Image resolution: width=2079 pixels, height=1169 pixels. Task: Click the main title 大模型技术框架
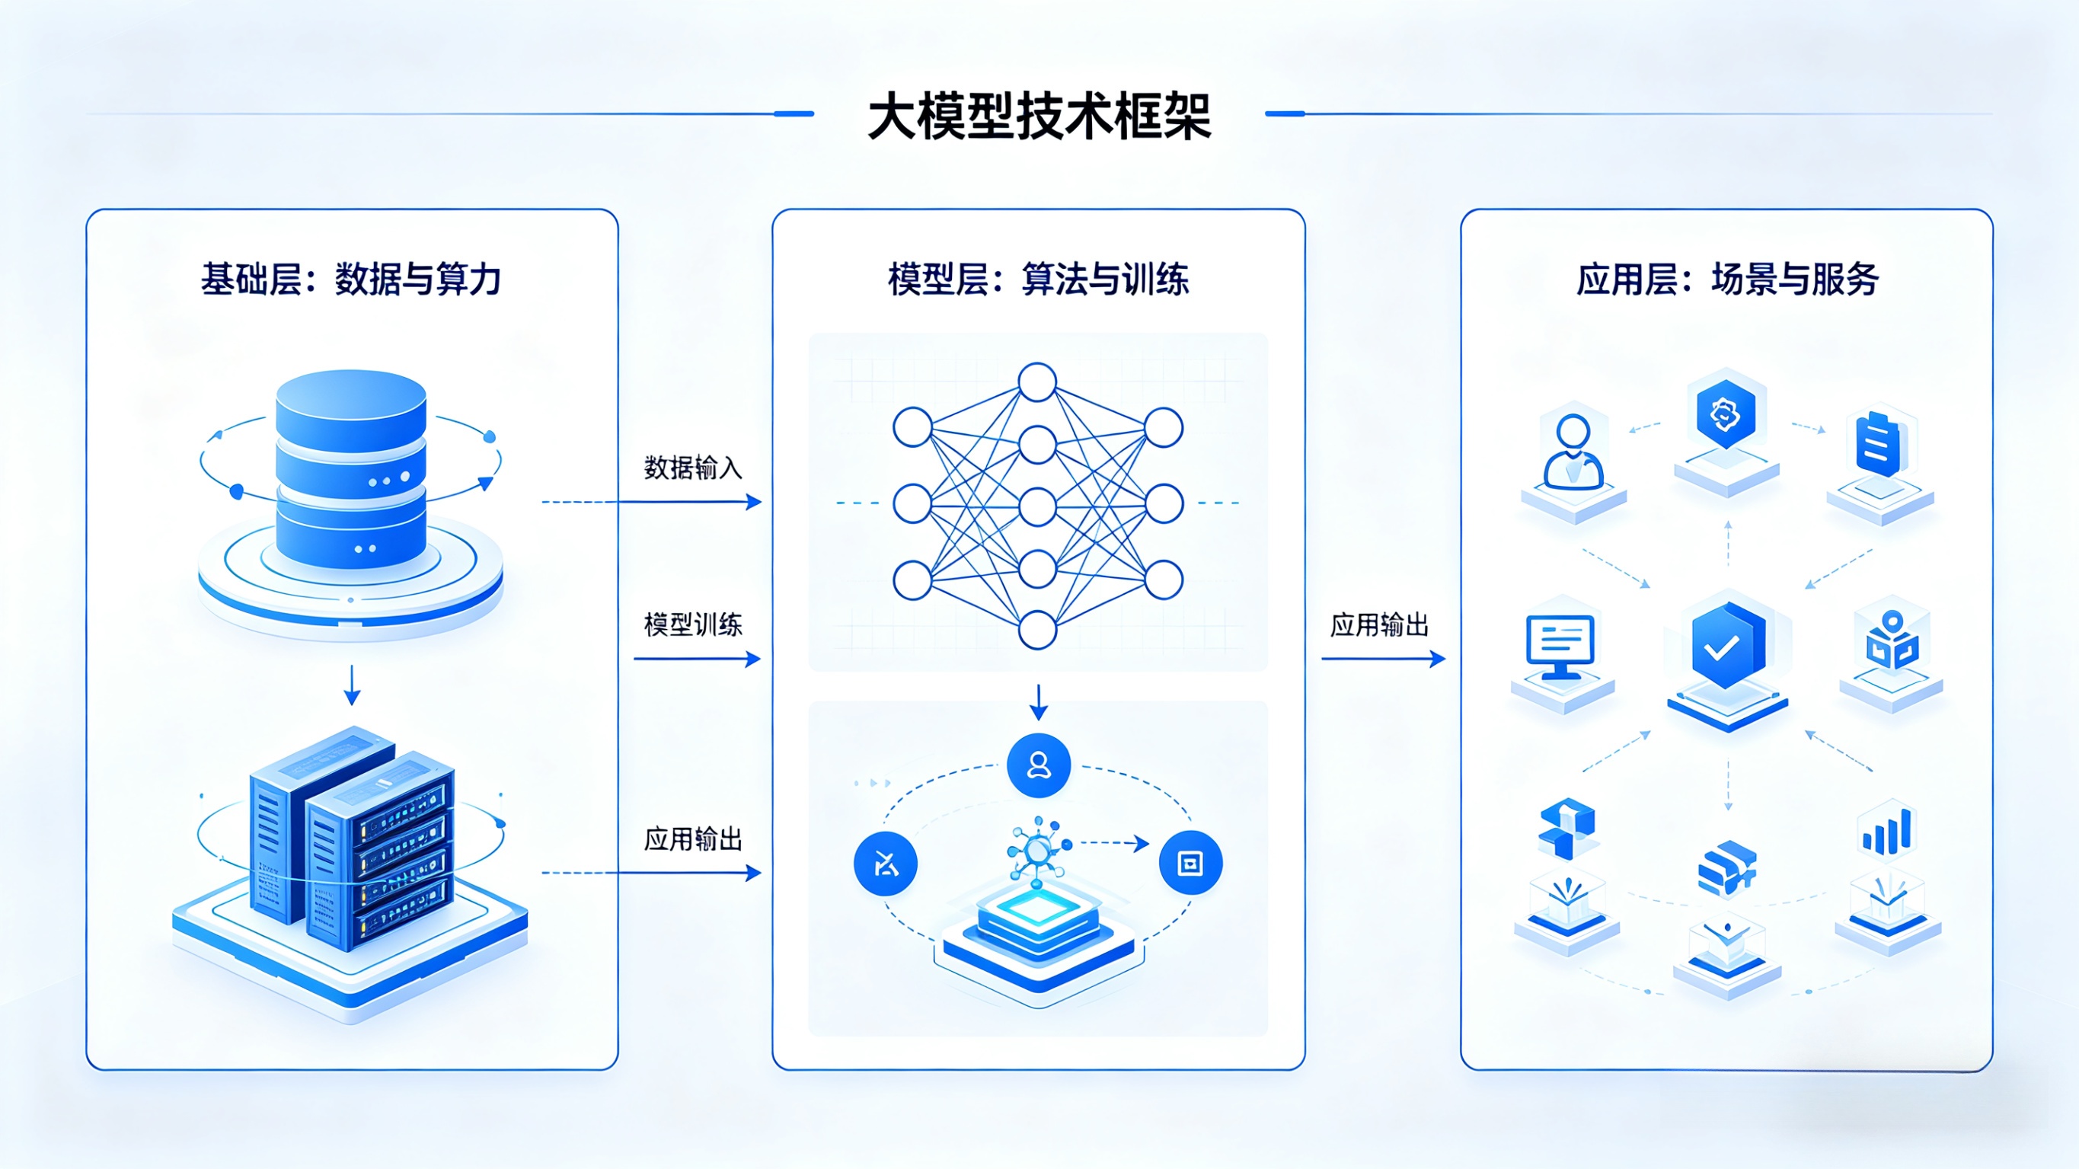(x=1039, y=117)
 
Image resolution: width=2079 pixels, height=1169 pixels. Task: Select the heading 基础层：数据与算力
(x=351, y=279)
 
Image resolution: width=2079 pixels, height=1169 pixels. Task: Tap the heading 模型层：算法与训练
(x=1038, y=279)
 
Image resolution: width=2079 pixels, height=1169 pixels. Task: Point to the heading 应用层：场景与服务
(x=1727, y=279)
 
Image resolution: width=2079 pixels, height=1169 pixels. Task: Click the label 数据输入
(x=692, y=468)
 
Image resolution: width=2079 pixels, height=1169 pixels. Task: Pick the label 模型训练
(x=692, y=624)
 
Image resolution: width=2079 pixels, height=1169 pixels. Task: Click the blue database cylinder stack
(x=351, y=468)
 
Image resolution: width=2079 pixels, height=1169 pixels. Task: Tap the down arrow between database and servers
(x=352, y=685)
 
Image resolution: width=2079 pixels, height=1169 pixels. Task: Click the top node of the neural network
(x=1037, y=382)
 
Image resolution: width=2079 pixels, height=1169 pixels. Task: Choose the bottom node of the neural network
(x=1037, y=630)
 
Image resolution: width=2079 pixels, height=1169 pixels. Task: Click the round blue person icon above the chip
(x=1039, y=765)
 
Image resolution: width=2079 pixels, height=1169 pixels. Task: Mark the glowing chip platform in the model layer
(x=1038, y=928)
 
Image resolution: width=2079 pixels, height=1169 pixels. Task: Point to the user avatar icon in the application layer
(x=1572, y=452)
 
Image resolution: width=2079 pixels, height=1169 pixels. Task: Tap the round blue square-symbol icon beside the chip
(x=1190, y=863)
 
